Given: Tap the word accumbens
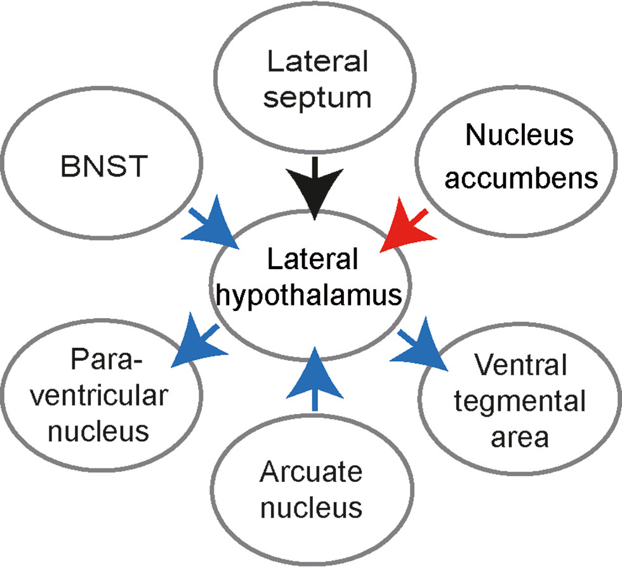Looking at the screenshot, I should click(520, 178).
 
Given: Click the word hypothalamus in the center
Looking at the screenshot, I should click(311, 295).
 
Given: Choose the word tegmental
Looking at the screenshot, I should click(520, 402).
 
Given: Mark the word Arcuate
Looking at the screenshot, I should click(311, 472).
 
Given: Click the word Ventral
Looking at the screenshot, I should click(520, 366).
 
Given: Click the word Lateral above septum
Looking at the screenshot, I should click(317, 62).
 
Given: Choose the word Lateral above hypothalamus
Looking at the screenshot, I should click(312, 260).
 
